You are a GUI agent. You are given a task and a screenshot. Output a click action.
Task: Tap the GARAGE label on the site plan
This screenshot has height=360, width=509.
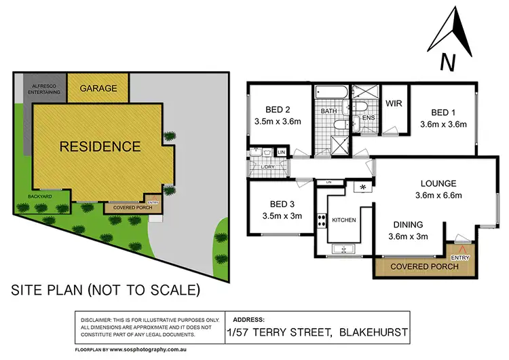pyautogui.click(x=98, y=88)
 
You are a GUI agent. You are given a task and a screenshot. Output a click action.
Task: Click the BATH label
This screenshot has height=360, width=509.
pyautogui.click(x=329, y=111)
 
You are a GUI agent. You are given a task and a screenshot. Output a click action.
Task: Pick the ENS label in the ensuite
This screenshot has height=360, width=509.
pyautogui.click(x=369, y=118)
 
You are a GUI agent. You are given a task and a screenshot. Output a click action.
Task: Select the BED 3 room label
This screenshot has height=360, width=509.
pyautogui.click(x=280, y=204)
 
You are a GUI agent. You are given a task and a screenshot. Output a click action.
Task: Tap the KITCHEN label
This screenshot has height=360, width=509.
pyautogui.click(x=345, y=221)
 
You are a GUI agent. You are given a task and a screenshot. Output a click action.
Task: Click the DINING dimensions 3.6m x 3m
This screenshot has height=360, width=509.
pyautogui.click(x=408, y=236)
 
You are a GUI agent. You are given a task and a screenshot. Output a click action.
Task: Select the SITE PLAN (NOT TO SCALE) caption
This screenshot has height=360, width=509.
pyautogui.click(x=105, y=291)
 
